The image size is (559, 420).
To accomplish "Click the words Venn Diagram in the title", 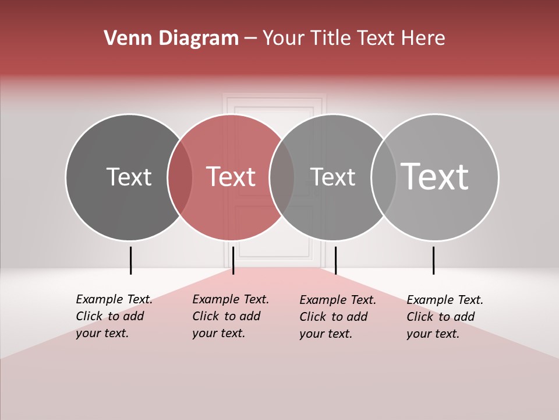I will pyautogui.click(x=171, y=38).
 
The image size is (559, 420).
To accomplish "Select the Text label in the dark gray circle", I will pyautogui.click(x=129, y=177).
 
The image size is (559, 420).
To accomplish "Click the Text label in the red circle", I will pyautogui.click(x=231, y=177).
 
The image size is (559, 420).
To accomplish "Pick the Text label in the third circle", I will pyautogui.click(x=332, y=177).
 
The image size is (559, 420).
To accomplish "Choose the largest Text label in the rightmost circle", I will pyautogui.click(x=435, y=176).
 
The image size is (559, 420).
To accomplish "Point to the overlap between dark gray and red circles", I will pyautogui.click(x=180, y=177).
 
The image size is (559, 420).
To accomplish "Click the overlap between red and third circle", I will pyautogui.click(x=282, y=177).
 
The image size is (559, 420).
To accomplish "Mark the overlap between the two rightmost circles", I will pyautogui.click(x=384, y=177).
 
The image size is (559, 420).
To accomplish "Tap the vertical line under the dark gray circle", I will pyautogui.click(x=130, y=260).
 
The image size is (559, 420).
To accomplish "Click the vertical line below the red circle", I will pyautogui.click(x=233, y=260).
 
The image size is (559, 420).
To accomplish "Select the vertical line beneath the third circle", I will pyautogui.click(x=335, y=260).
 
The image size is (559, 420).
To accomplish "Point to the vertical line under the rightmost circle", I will pyautogui.click(x=433, y=260).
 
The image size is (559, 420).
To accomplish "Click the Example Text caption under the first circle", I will pyautogui.click(x=114, y=316).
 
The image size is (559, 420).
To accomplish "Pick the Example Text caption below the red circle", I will pyautogui.click(x=231, y=316).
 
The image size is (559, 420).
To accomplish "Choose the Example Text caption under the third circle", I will pyautogui.click(x=338, y=317).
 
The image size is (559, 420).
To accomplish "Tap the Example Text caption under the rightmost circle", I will pyautogui.click(x=445, y=317).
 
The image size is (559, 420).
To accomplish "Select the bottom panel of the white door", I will pyautogui.click(x=274, y=230).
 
